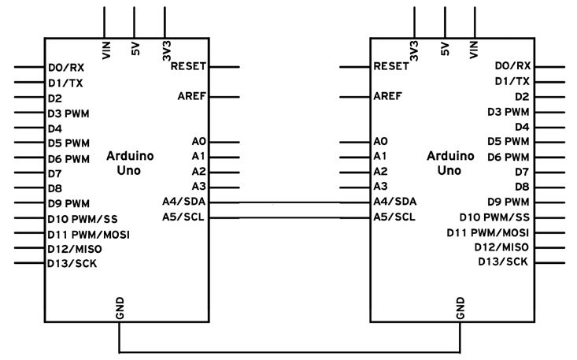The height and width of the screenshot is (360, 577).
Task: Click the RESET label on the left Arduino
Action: tap(187, 67)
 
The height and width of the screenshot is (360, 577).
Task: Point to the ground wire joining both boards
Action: tap(289, 351)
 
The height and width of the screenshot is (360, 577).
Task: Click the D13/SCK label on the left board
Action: tap(72, 263)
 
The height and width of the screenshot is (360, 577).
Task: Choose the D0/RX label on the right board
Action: tap(512, 66)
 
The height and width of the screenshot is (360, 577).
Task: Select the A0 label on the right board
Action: tap(382, 142)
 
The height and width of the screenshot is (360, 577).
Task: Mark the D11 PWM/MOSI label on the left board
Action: tap(88, 234)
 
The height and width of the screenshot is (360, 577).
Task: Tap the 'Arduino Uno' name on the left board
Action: tap(130, 162)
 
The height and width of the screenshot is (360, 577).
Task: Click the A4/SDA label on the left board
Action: tap(183, 202)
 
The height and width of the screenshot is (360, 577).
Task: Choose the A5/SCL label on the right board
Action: tap(395, 217)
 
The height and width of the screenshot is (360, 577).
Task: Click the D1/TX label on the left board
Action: tap(65, 82)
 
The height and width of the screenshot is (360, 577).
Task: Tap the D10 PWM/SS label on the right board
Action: tap(495, 217)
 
